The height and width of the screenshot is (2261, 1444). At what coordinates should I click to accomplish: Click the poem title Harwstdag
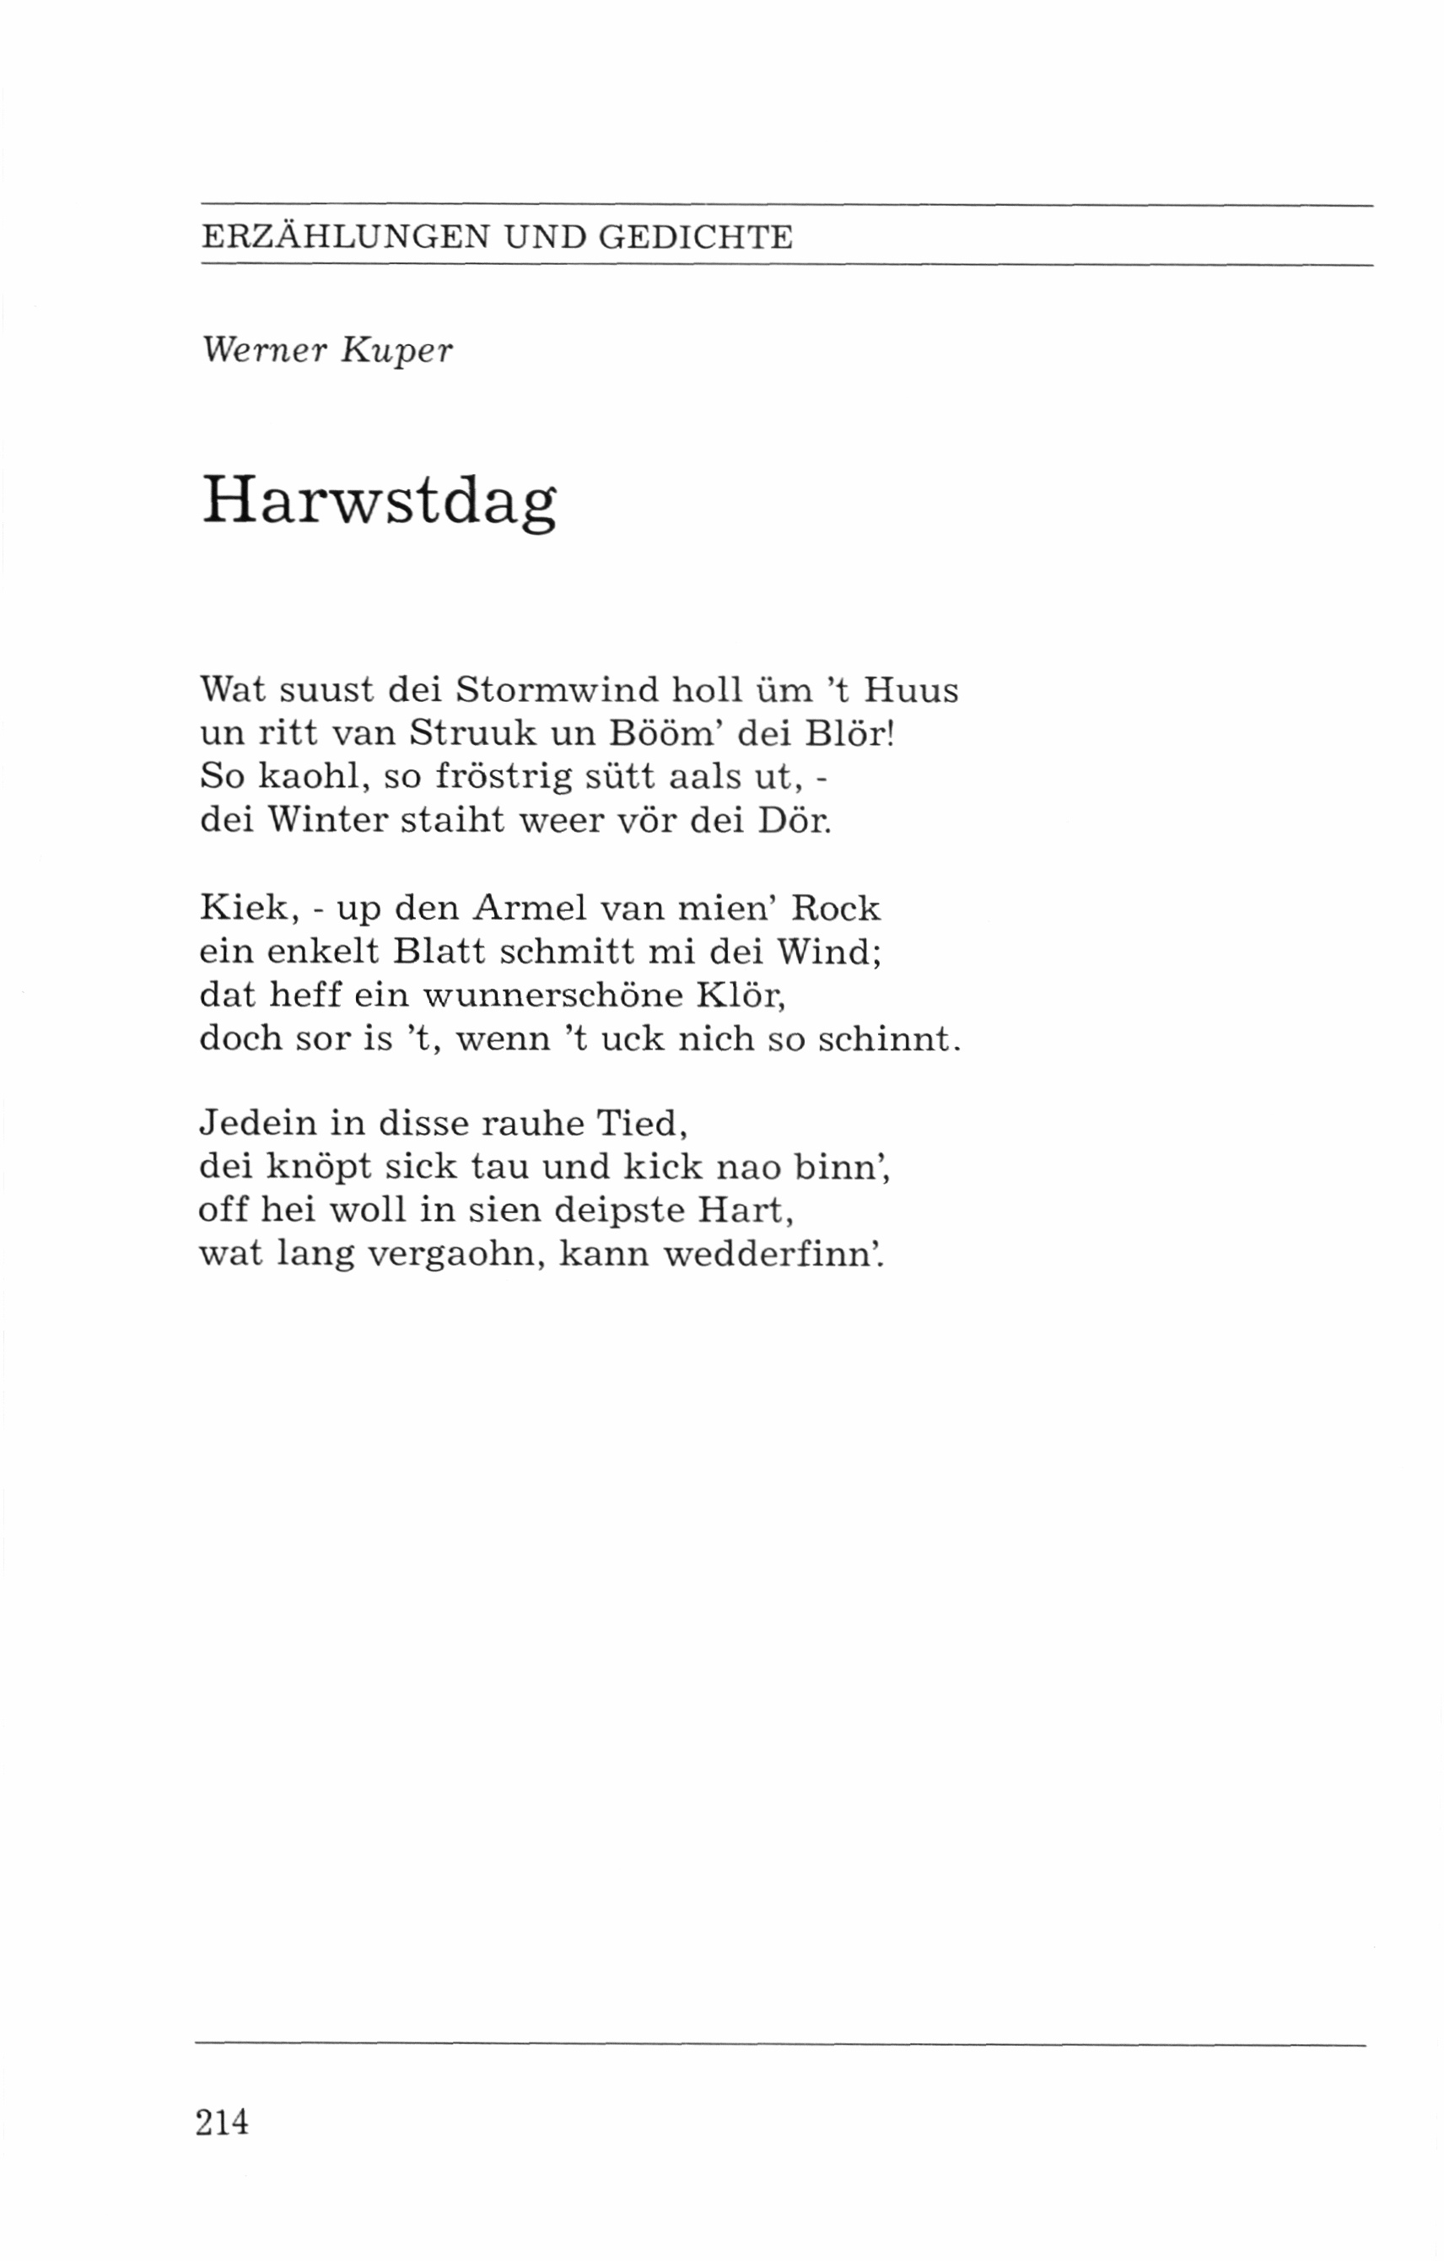coord(379,501)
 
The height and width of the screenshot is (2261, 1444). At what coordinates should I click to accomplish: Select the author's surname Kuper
coord(397,351)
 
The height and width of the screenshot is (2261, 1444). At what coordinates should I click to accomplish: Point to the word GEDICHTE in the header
coord(696,236)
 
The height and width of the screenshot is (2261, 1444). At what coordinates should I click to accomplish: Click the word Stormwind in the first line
coord(557,690)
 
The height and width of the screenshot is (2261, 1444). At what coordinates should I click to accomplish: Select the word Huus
coord(911,690)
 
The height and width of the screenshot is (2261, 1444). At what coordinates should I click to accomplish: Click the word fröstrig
coord(505,776)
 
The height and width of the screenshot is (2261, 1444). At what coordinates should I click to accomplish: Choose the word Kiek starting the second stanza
coord(242,908)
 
